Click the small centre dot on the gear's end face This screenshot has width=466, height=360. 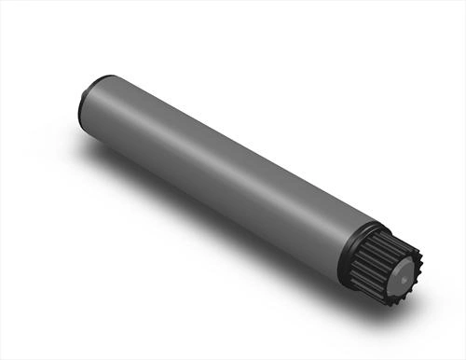(403, 276)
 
